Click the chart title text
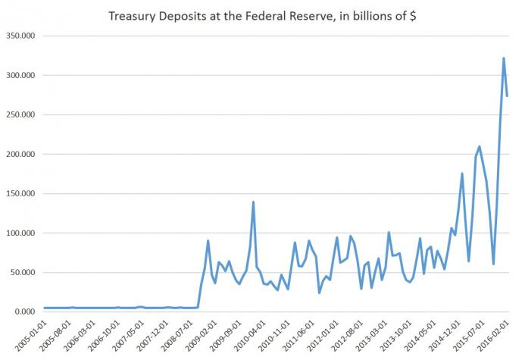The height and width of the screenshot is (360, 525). coord(262,15)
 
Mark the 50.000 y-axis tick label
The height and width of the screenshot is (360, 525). coord(23,273)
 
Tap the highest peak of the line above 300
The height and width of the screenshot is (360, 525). coord(504,58)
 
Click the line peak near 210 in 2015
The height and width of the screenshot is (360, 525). coord(480,146)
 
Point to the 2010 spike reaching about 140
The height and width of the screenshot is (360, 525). coord(253,202)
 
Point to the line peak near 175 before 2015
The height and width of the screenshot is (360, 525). coord(462,174)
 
